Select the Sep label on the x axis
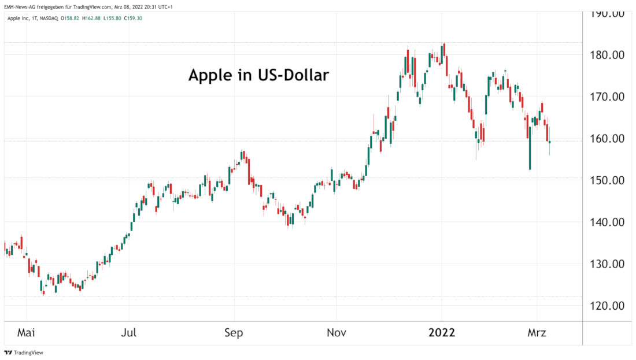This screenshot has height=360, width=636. pos(234,333)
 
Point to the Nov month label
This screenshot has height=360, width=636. pos(337,333)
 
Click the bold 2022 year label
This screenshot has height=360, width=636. pos(442,333)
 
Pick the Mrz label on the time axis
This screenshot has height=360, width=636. pos(537,333)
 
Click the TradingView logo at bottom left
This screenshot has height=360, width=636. pos(24,352)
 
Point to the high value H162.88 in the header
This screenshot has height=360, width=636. pos(91,18)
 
